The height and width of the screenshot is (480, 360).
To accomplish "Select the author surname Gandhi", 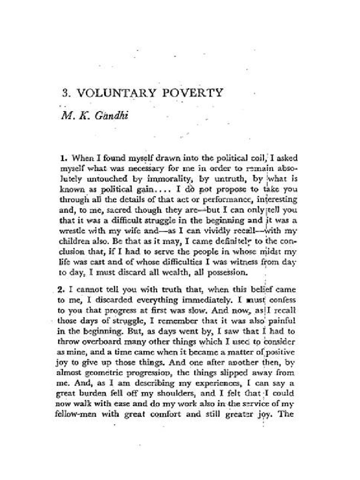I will tap(106, 114).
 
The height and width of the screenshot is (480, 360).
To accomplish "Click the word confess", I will tap(282, 298).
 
